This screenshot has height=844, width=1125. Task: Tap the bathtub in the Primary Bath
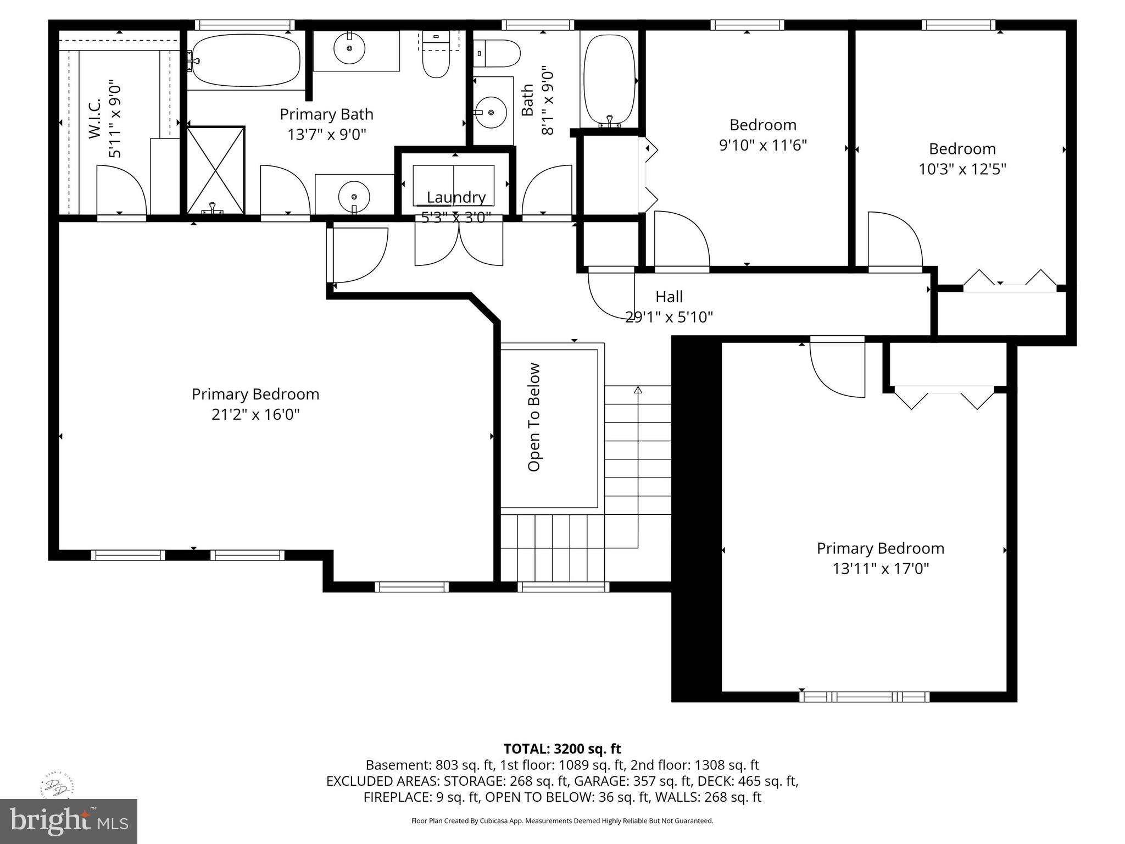(244, 60)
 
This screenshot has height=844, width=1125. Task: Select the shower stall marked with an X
(216, 170)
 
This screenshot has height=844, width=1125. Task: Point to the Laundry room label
(456, 197)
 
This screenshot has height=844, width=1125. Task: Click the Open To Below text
(534, 417)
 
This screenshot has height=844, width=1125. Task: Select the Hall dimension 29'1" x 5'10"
(669, 317)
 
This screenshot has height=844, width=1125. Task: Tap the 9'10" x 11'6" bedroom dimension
(762, 145)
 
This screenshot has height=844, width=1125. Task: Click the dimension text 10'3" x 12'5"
(962, 169)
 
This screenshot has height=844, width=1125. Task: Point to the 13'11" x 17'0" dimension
(880, 568)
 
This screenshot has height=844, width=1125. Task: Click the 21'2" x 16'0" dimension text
(255, 414)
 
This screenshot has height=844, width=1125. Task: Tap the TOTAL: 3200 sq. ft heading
(562, 748)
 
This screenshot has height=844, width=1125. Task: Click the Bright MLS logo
(69, 821)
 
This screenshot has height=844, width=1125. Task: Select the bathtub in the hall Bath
(609, 80)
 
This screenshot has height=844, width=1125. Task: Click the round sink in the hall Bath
(491, 112)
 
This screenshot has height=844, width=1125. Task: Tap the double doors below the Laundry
(459, 245)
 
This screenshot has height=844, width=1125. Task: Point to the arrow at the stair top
(638, 390)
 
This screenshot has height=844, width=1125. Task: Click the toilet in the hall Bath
(497, 53)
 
